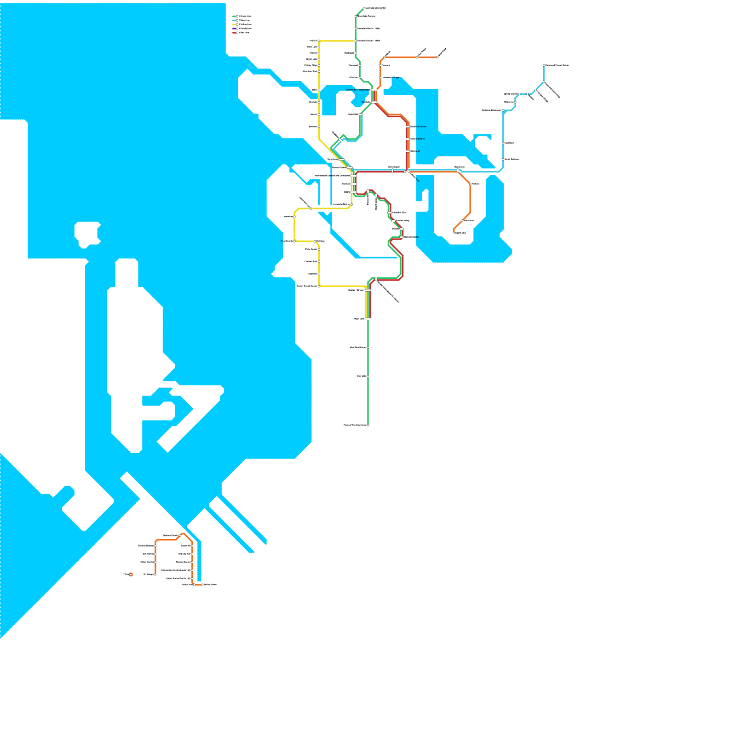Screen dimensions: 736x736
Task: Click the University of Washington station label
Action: coord(358,90)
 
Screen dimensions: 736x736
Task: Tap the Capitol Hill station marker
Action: coord(361,114)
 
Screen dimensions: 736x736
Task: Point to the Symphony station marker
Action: coord(341,159)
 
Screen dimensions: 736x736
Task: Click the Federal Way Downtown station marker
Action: coord(368,425)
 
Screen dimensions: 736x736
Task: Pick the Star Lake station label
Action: coord(362,376)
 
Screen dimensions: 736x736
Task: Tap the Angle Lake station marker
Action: coord(368,319)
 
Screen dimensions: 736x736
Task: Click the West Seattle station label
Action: coord(287,241)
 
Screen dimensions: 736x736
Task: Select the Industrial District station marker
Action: coord(352,204)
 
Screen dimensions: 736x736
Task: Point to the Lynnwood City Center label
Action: coord(375,8)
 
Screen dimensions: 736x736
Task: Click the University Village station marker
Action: coord(380,78)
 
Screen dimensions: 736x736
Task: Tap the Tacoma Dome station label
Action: coord(210,585)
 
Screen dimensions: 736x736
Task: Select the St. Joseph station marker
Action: coord(155,575)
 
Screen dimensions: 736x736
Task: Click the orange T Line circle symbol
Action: coord(131,575)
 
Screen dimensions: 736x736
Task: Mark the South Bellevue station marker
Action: coord(503,160)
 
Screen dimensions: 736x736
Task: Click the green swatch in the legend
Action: coord(234,16)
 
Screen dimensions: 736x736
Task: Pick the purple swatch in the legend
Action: coord(234,29)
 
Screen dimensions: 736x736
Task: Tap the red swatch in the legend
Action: coord(234,33)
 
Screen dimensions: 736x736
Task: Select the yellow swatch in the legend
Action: coord(234,24)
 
